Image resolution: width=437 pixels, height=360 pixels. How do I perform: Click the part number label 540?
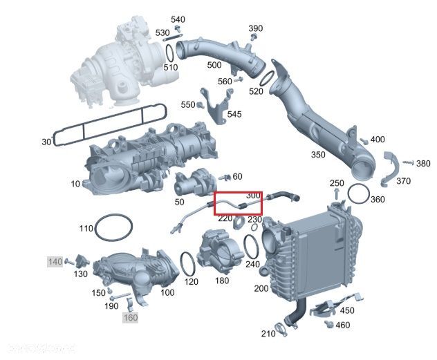coord(178,19)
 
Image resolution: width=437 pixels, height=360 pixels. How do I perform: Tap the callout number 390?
coord(256,28)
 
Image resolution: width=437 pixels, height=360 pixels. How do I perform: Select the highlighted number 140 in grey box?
coord(55,261)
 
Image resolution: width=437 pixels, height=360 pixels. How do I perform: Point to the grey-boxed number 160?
coord(130,318)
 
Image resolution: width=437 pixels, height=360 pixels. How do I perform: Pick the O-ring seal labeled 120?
coord(187,264)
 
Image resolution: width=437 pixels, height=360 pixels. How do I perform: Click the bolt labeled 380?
coord(408,162)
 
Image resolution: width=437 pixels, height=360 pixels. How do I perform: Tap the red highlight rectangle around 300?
coord(238,204)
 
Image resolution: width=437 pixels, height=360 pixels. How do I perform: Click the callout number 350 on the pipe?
coord(317,155)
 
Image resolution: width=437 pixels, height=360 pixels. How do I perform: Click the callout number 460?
coord(342,325)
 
